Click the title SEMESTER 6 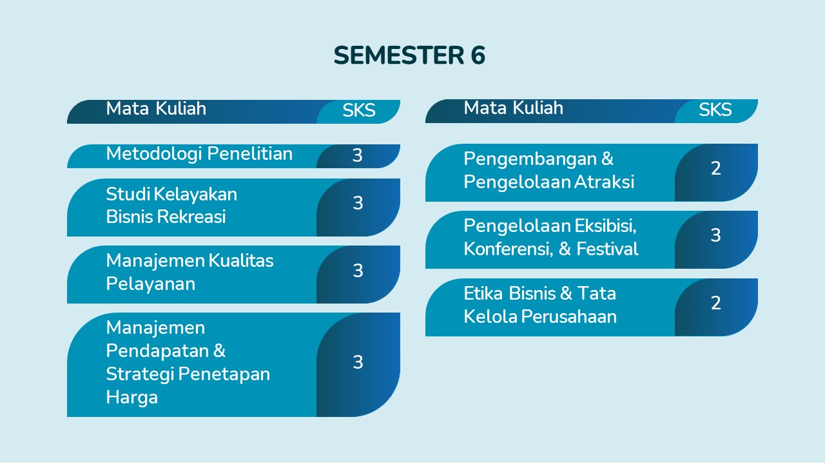pyautogui.click(x=409, y=55)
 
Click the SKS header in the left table pyautogui.click(x=359, y=110)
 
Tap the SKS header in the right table pyautogui.click(x=715, y=110)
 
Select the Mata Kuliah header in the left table pyautogui.click(x=156, y=108)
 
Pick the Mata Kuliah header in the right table pyautogui.click(x=514, y=108)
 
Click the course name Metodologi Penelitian pyautogui.click(x=199, y=154)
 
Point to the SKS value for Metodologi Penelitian pyautogui.click(x=357, y=155)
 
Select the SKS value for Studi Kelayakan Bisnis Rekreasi pyautogui.click(x=358, y=203)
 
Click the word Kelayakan pyautogui.click(x=195, y=194)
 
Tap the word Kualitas pyautogui.click(x=241, y=261)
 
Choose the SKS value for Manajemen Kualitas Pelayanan pyautogui.click(x=358, y=271)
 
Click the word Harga pyautogui.click(x=132, y=398)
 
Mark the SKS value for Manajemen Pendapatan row pyautogui.click(x=358, y=362)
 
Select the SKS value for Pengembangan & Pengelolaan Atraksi pyautogui.click(x=716, y=168)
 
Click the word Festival pyautogui.click(x=607, y=249)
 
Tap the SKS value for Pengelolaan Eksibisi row pyautogui.click(x=715, y=235)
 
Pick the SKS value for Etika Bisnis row pyautogui.click(x=716, y=303)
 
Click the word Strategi pyautogui.click(x=140, y=374)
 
